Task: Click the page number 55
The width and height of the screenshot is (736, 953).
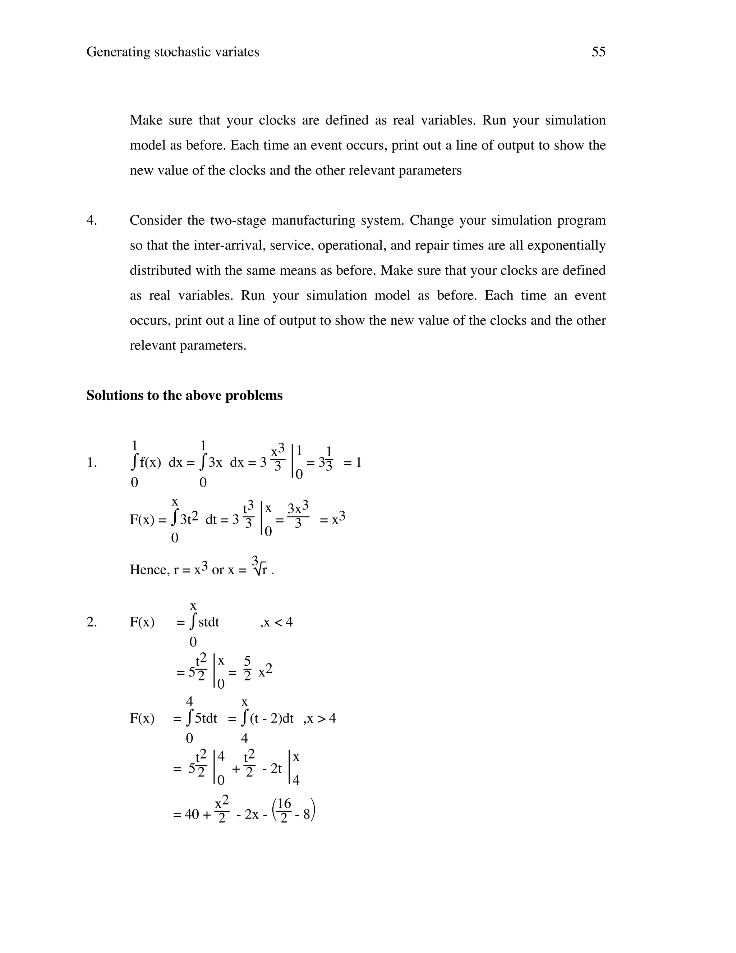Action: coord(598,52)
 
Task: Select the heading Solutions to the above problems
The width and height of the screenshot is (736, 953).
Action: coord(184,395)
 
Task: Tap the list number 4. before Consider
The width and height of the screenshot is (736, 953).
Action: coord(92,220)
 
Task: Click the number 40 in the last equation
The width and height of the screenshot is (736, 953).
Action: coord(192,814)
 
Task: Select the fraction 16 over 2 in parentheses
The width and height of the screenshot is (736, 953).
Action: coord(284,812)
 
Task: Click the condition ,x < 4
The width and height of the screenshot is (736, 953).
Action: coord(276,622)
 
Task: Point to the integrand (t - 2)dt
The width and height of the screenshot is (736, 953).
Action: coord(272,718)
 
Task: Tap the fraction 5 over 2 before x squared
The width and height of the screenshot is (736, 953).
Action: coord(247,669)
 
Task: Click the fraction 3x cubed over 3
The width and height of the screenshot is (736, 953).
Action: coord(298,516)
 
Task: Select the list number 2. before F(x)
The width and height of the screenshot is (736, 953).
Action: coord(92,622)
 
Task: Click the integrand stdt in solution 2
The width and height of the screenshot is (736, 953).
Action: coord(208,622)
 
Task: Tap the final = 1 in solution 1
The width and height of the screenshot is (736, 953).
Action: coord(352,462)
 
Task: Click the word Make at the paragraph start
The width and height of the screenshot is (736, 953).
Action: coord(146,120)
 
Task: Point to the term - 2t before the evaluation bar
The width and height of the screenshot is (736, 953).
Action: coord(272,769)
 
